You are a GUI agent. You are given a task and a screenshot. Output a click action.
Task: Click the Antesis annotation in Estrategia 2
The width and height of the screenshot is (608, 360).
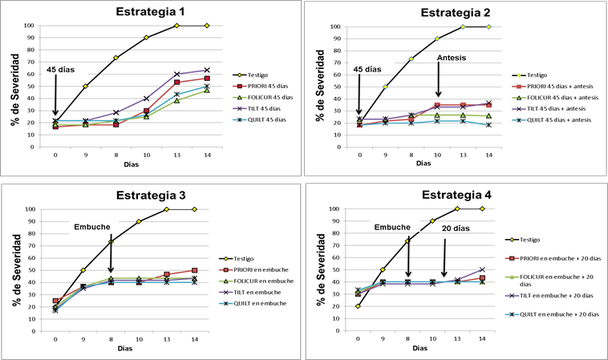tap(451, 59)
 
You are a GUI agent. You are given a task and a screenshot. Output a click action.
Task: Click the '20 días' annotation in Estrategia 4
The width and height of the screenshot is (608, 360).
tap(455, 227)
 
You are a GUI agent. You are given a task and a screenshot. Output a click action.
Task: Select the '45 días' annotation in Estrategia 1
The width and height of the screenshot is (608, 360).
tap(60, 69)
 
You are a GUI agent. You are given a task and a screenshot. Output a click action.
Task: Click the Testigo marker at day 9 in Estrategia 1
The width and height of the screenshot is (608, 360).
tap(85, 87)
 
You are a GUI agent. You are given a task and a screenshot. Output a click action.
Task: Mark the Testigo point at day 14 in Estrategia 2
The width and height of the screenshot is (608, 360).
tap(488, 26)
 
